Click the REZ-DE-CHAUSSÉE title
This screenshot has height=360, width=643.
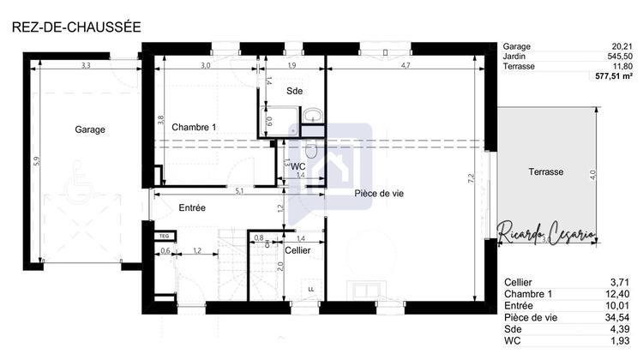coord(75,27)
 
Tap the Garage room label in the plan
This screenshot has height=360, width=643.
coord(89,130)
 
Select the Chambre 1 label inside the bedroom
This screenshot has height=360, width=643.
coord(195,128)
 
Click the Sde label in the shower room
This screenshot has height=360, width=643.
coord(294,90)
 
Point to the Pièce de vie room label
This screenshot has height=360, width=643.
coord(379,194)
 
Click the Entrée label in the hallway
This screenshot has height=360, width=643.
coord(192,208)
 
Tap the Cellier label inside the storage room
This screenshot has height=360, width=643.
coord(298,250)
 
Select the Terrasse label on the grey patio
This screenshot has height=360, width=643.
coord(545,172)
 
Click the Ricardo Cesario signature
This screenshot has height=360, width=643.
coord(544,232)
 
